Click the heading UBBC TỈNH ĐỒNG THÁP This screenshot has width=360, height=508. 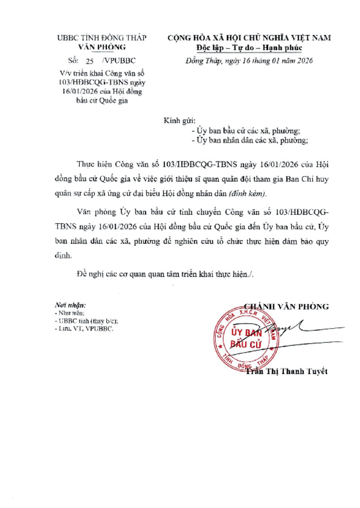pyautogui.click(x=101, y=38)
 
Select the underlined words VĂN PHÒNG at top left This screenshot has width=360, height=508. pyautogui.click(x=102, y=47)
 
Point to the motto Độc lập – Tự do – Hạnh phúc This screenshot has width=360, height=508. pyautogui.click(x=249, y=48)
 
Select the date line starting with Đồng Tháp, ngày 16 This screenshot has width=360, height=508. pyautogui.click(x=249, y=60)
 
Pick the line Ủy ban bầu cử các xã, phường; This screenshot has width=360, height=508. pyautogui.click(x=246, y=131)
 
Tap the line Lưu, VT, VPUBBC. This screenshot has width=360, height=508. pyautogui.click(x=84, y=329)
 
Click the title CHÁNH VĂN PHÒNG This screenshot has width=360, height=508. pyautogui.click(x=286, y=307)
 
